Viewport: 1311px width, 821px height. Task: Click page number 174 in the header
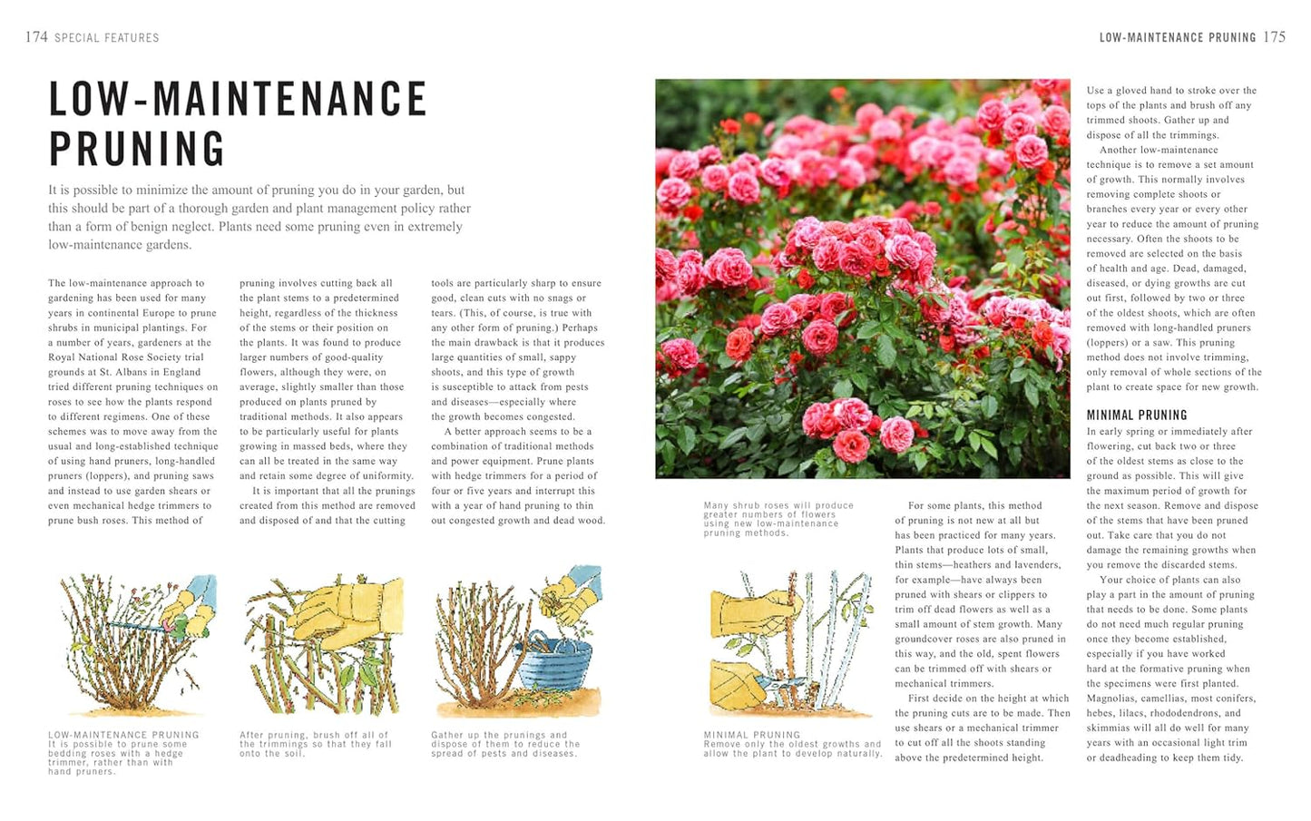point(36,37)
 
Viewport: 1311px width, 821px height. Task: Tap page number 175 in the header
point(1275,37)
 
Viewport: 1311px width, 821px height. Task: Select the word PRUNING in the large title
point(137,150)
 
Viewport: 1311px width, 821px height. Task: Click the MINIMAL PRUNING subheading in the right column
point(1137,415)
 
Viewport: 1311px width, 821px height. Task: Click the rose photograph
point(862,279)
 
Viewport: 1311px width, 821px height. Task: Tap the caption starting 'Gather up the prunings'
point(504,744)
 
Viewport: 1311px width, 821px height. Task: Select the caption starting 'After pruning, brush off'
point(315,744)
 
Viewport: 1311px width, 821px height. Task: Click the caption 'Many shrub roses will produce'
point(778,519)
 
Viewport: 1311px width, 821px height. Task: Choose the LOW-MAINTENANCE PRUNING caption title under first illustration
point(123,735)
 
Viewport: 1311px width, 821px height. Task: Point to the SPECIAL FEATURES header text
point(106,38)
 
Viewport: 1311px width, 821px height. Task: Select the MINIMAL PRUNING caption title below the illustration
point(752,735)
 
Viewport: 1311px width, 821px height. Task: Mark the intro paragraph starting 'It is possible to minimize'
point(259,217)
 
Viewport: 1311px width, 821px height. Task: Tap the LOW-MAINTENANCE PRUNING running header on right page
point(1177,38)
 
